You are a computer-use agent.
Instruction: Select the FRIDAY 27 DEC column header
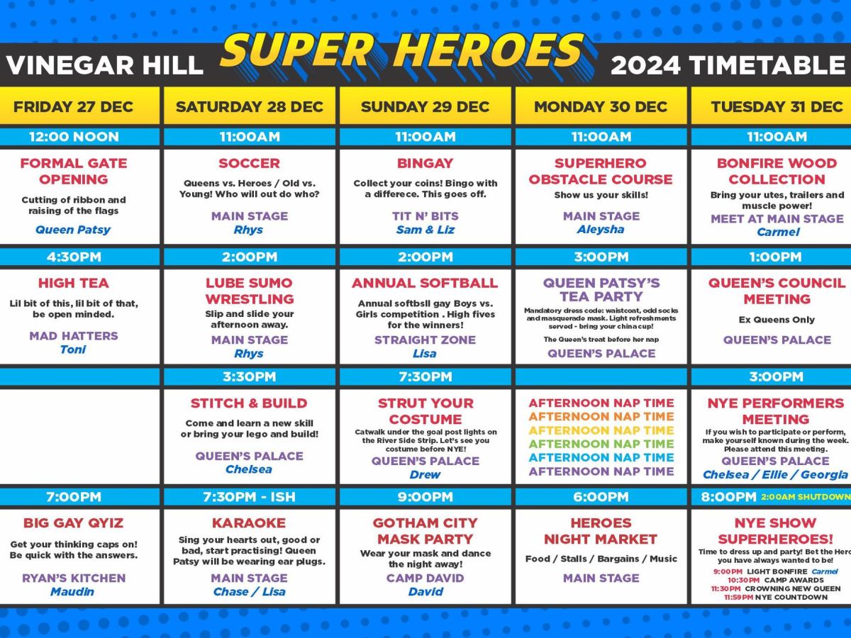click(x=73, y=106)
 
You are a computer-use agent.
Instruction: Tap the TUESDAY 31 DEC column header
click(x=777, y=106)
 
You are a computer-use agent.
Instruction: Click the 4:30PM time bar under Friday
click(x=73, y=257)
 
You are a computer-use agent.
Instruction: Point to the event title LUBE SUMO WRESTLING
click(x=249, y=291)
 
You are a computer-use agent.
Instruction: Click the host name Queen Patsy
click(x=73, y=230)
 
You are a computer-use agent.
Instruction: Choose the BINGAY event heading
click(x=425, y=163)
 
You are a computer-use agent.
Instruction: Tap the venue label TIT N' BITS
click(x=425, y=216)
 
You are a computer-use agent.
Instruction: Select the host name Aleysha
click(x=601, y=230)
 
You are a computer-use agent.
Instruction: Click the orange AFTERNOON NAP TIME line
click(x=601, y=416)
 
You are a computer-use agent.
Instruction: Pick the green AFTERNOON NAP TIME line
click(x=601, y=444)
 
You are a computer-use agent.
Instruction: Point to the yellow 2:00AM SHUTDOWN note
click(x=806, y=497)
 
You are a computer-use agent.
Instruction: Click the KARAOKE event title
click(x=249, y=523)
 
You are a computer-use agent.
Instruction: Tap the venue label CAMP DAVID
click(x=425, y=578)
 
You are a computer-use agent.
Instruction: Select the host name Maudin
click(x=73, y=592)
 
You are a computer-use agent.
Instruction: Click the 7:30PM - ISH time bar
click(x=249, y=497)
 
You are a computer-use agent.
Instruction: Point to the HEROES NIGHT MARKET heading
click(x=601, y=531)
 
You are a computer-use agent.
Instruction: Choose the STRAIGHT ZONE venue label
click(x=425, y=340)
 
